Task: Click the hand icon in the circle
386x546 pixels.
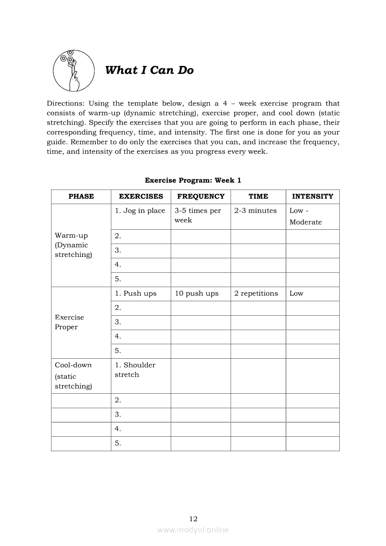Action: pyautogui.click(x=72, y=71)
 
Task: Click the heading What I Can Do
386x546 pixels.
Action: pyautogui.click(x=149, y=71)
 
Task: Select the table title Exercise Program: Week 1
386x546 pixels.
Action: pyautogui.click(x=193, y=180)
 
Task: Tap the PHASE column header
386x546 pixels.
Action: pyautogui.click(x=81, y=197)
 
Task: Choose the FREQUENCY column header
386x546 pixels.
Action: pyautogui.click(x=200, y=197)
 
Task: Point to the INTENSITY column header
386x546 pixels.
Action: pyautogui.click(x=312, y=197)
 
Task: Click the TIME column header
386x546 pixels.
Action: pyautogui.click(x=258, y=197)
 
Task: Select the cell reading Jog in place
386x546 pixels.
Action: pyautogui.click(x=140, y=211)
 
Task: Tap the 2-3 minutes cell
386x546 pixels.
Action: pyautogui.click(x=256, y=211)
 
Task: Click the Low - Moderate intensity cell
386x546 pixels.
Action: pyautogui.click(x=306, y=216)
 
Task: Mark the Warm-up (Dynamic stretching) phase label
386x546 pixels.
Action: pyautogui.click(x=73, y=245)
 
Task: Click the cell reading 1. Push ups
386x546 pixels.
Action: pyautogui.click(x=136, y=294)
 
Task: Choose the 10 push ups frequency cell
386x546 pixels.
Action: pyautogui.click(x=197, y=294)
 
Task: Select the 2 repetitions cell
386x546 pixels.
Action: pyautogui.click(x=256, y=294)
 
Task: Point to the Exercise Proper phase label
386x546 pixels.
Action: pyautogui.click(x=70, y=322)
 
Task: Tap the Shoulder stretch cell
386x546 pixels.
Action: pyautogui.click(x=135, y=370)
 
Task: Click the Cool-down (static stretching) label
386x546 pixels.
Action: pyautogui.click(x=73, y=376)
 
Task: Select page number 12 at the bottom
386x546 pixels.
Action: pyautogui.click(x=193, y=519)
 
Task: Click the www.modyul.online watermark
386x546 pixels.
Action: pyautogui.click(x=193, y=530)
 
